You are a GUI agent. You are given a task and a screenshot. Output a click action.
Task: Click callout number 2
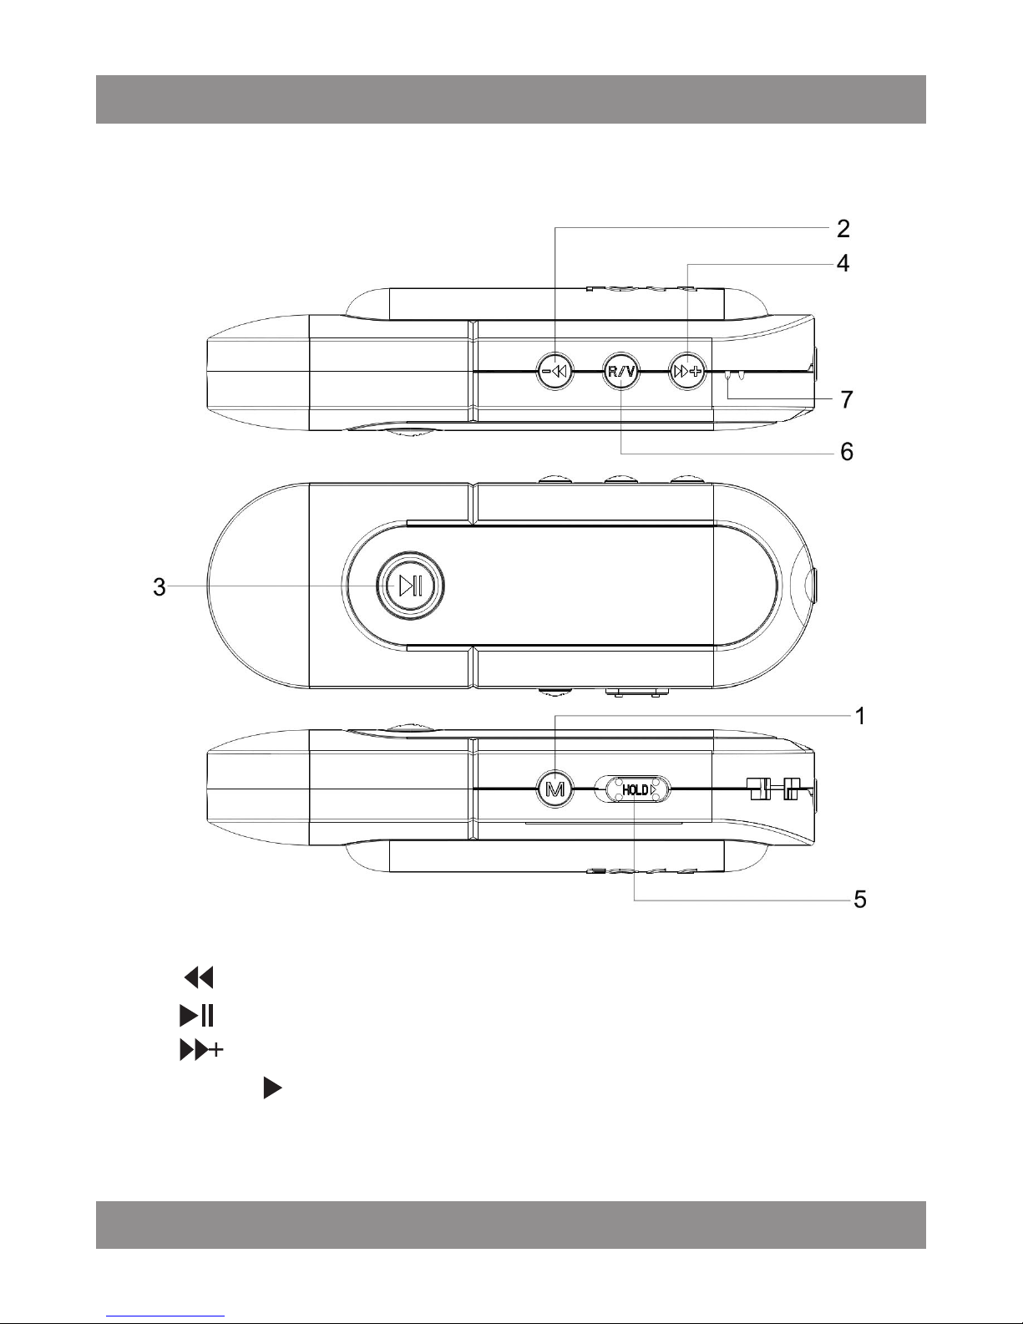[x=843, y=229]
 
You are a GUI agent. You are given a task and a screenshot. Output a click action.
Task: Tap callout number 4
[x=843, y=263]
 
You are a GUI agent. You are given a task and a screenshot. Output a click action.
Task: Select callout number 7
[x=847, y=399]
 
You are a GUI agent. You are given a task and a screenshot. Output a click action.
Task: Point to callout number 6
[x=847, y=451]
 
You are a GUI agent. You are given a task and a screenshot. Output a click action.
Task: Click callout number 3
[x=159, y=586]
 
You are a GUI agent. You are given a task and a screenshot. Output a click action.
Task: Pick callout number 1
[x=860, y=716]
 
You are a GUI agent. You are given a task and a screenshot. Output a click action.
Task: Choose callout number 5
[x=860, y=899]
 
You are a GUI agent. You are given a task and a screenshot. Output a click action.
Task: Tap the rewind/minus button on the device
[x=555, y=371]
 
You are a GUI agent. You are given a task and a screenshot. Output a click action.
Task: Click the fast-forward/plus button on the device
[x=687, y=371]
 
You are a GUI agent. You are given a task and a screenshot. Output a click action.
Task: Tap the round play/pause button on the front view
[x=410, y=586]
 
